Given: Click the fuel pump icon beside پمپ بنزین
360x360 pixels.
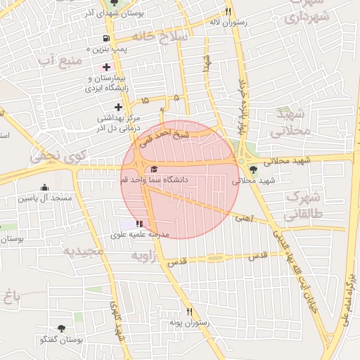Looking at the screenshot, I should pyautogui.click(x=105, y=38).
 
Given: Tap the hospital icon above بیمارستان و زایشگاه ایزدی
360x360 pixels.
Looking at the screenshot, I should pyautogui.click(x=106, y=67).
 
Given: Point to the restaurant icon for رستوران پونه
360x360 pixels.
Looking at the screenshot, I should pyautogui.click(x=189, y=311).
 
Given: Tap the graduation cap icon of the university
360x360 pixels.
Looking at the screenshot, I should pyautogui.click(x=154, y=169).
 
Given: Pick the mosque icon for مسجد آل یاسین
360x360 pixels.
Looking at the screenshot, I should pyautogui.click(x=45, y=188).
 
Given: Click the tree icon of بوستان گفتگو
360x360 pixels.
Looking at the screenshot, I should pyautogui.click(x=61, y=329).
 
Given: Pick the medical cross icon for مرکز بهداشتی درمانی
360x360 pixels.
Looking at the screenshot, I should pyautogui.click(x=118, y=107).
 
